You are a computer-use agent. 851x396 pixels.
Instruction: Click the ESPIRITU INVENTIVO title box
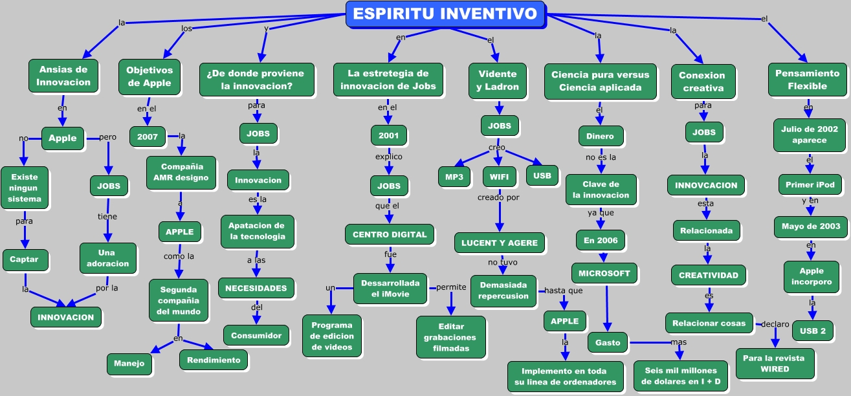pyautogui.click(x=445, y=14)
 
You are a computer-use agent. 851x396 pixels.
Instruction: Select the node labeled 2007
pyautogui.click(x=148, y=137)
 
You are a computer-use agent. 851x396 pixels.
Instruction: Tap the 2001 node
pyautogui.click(x=389, y=136)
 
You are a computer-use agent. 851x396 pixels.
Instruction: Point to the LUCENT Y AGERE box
pyautogui.click(x=499, y=243)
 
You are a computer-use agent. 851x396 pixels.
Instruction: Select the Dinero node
pyautogui.click(x=601, y=136)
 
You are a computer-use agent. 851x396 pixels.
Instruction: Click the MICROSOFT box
pyautogui.click(x=604, y=273)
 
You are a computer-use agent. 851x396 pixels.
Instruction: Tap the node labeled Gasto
pyautogui.click(x=608, y=342)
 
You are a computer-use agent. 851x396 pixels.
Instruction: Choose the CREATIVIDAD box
pyautogui.click(x=708, y=275)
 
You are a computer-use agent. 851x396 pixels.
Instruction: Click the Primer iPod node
pyautogui.click(x=810, y=184)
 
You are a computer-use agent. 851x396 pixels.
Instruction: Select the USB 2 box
pyautogui.click(x=812, y=331)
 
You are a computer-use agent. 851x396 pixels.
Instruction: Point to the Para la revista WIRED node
pyautogui.click(x=775, y=363)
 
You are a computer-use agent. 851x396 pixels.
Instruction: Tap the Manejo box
pyautogui.click(x=130, y=364)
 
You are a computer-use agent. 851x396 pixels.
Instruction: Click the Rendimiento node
pyautogui.click(x=213, y=360)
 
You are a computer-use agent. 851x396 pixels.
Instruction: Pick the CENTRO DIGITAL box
pyautogui.click(x=389, y=234)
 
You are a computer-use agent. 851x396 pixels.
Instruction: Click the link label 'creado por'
pyautogui.click(x=498, y=197)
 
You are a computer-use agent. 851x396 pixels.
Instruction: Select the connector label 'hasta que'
pyautogui.click(x=563, y=291)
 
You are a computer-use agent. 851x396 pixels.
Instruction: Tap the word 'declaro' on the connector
pyautogui.click(x=775, y=324)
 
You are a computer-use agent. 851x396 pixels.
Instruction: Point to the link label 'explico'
pyautogui.click(x=388, y=157)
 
